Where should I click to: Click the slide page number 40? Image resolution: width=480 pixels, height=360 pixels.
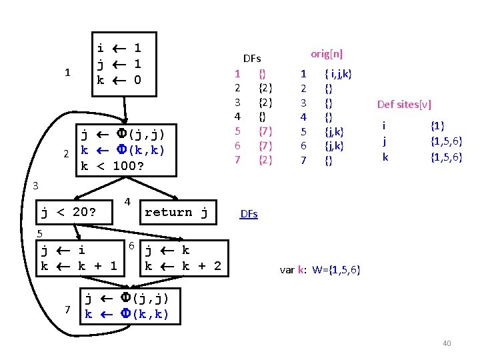coord(447,343)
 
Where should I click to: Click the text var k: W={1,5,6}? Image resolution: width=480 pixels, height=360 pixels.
coord(320,270)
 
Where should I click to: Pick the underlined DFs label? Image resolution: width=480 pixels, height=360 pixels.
coord(249,214)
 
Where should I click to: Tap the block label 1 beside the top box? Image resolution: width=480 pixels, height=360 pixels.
coord(67,73)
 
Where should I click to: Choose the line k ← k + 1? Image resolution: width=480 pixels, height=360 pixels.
coord(79,267)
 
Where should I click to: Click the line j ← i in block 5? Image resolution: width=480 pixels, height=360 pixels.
coord(63,251)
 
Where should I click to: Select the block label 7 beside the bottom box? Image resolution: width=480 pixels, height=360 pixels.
coord(67,309)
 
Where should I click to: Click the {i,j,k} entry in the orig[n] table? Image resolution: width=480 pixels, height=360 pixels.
coord(338,73)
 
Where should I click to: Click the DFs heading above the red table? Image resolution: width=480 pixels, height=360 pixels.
coord(252,59)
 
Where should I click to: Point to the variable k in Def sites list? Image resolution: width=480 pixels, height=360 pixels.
coord(385,157)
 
